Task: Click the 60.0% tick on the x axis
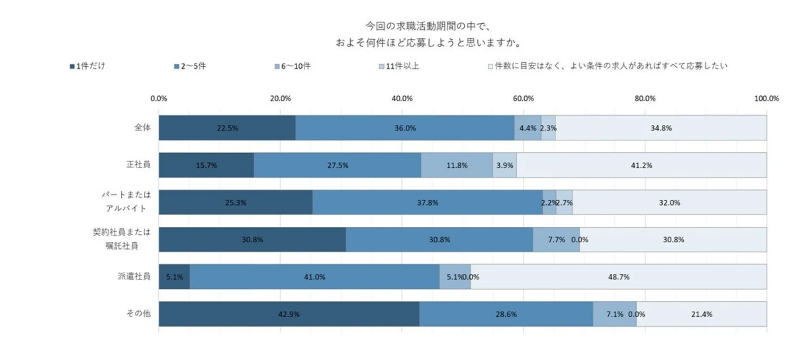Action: click(524, 99)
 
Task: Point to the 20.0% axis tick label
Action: click(281, 99)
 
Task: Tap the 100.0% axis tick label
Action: click(767, 99)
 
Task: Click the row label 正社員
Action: click(139, 164)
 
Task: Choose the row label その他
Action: click(139, 314)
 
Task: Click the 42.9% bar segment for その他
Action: click(289, 314)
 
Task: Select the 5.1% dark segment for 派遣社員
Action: click(174, 277)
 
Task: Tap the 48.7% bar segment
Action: click(618, 277)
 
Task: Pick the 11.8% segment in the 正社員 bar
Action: click(457, 165)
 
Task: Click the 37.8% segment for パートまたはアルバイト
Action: click(428, 202)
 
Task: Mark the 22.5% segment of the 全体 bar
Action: click(227, 128)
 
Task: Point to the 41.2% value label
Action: click(641, 165)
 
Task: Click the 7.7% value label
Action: click(556, 240)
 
